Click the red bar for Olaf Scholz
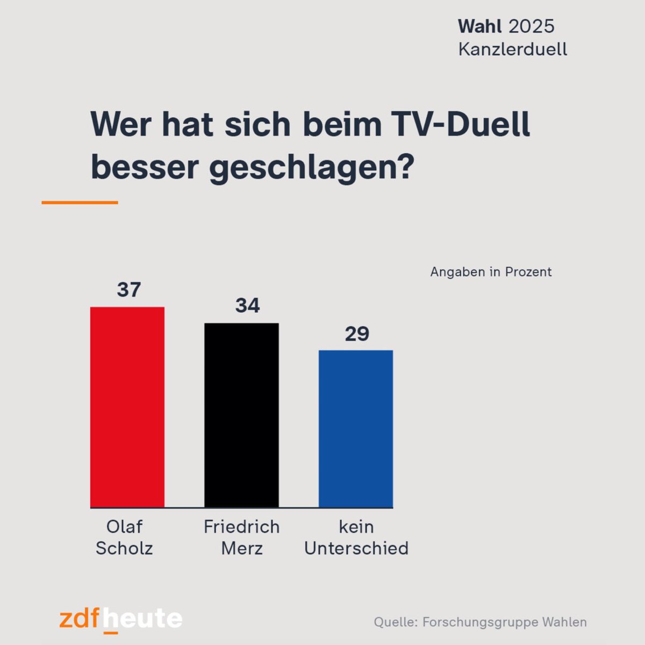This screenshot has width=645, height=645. [x=127, y=407]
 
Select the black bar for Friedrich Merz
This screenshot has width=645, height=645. [x=241, y=415]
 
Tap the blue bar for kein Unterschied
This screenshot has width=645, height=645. [x=356, y=428]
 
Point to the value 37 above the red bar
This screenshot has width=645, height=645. [x=129, y=290]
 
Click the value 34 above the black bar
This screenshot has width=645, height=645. [x=247, y=305]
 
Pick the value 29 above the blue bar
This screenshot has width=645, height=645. [x=357, y=334]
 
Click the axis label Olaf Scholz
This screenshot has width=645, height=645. [x=124, y=537]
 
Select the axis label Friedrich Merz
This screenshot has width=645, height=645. [x=242, y=537]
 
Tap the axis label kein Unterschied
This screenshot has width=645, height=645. [x=356, y=537]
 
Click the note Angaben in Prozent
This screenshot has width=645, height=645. [x=491, y=272]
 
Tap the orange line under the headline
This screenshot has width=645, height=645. [x=80, y=203]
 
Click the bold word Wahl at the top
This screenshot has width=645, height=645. [x=479, y=26]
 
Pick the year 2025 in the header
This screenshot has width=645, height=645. [x=531, y=26]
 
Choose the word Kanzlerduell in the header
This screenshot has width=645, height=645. [x=513, y=49]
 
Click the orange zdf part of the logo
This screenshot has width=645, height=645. [x=80, y=619]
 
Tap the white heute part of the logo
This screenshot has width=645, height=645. [x=142, y=619]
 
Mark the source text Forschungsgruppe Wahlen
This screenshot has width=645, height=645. [x=504, y=622]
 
